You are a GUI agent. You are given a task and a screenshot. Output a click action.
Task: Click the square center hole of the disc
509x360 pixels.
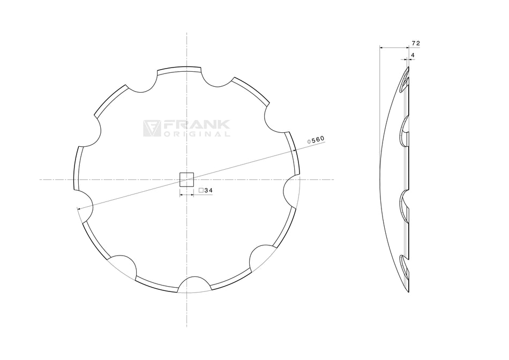(x=186, y=179)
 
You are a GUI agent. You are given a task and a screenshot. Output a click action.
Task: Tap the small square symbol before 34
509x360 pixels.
(x=201, y=190)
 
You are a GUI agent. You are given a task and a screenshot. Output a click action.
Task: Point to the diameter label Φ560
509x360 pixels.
(x=316, y=140)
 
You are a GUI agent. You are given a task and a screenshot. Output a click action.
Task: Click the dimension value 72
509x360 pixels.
(x=416, y=42)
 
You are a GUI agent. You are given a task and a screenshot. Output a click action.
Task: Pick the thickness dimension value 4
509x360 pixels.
(x=413, y=55)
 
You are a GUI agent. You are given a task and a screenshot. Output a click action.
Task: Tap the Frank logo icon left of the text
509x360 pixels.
(x=152, y=128)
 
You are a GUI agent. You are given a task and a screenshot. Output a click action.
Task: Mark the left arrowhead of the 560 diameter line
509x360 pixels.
(x=79, y=208)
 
